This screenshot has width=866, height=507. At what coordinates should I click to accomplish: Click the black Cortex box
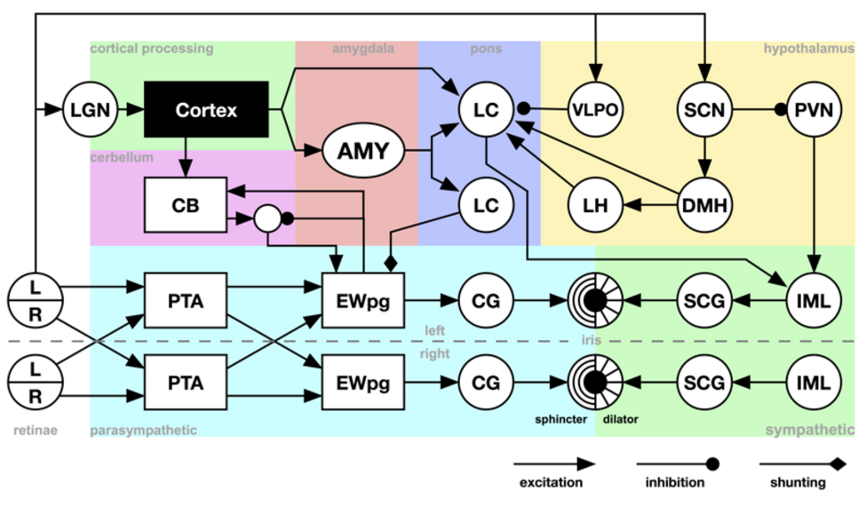click(206, 109)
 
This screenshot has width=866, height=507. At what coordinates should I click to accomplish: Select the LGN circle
click(90, 109)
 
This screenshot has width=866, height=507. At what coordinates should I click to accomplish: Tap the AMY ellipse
click(363, 150)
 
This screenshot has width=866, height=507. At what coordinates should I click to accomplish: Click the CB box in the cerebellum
click(186, 205)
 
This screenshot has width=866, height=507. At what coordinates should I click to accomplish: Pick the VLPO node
click(595, 109)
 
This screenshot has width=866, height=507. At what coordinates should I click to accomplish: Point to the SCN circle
click(704, 109)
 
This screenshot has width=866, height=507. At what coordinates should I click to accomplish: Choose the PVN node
click(814, 109)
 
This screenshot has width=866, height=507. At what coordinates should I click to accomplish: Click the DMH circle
click(704, 205)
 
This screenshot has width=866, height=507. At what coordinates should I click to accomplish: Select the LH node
click(595, 205)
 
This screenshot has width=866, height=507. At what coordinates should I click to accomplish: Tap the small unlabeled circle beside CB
click(267, 218)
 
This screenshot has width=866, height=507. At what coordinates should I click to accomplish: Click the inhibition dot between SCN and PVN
click(780, 109)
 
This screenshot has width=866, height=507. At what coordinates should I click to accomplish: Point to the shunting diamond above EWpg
click(391, 264)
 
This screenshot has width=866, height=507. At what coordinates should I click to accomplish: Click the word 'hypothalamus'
click(808, 49)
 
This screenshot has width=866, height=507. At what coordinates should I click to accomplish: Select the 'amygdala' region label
click(363, 49)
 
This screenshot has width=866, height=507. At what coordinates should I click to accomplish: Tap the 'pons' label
click(486, 49)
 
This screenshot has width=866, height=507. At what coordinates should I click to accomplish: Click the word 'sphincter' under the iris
click(560, 419)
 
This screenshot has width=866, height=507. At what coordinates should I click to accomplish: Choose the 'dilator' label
click(620, 419)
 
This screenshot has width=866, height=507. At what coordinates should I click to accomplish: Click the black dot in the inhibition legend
click(712, 463)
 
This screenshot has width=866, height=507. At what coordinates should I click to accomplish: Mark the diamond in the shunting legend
click(838, 463)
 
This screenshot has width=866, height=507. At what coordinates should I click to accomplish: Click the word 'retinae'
click(36, 430)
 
